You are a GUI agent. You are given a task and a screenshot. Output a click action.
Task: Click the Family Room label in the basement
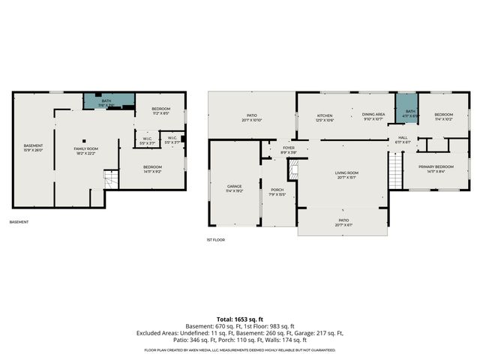tap(85, 151)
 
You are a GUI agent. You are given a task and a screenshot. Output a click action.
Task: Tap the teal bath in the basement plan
tap(108, 102)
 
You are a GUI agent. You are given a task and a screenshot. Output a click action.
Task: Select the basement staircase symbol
tap(110, 179)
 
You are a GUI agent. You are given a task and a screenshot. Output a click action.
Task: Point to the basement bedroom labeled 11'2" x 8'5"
tap(161, 112)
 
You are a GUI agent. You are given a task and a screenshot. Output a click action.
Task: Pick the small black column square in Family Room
tap(85, 139)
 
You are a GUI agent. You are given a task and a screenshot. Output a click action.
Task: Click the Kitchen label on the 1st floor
tap(325, 117)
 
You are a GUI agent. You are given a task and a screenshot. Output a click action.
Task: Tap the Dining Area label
tap(373, 117)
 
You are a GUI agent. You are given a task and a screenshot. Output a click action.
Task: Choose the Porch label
tap(277, 192)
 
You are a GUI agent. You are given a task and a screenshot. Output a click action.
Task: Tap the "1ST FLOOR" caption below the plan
tap(215, 239)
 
